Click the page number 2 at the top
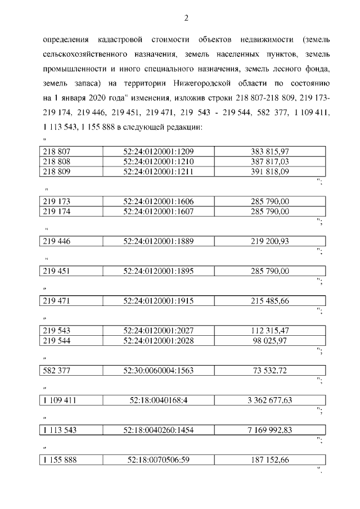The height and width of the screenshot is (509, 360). [186, 18]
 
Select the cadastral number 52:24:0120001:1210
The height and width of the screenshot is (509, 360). [159, 161]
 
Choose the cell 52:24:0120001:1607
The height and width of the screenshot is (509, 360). [159, 211]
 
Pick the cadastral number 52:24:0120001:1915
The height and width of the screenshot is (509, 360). [159, 301]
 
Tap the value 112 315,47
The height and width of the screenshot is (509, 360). [270, 331]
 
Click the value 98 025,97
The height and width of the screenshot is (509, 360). [270, 340]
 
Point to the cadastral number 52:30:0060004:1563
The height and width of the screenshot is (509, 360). [159, 370]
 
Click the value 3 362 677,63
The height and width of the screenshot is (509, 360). [270, 400]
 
